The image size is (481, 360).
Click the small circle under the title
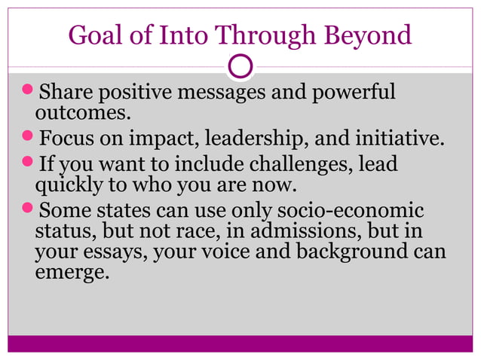(x=240, y=67)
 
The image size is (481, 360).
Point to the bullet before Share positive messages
(x=27, y=93)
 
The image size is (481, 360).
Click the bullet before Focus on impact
(x=27, y=139)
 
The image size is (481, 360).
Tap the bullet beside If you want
(x=27, y=163)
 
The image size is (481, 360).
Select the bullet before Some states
(x=27, y=210)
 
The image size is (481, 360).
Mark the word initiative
(x=400, y=139)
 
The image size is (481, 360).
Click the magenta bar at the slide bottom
(x=240, y=343)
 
